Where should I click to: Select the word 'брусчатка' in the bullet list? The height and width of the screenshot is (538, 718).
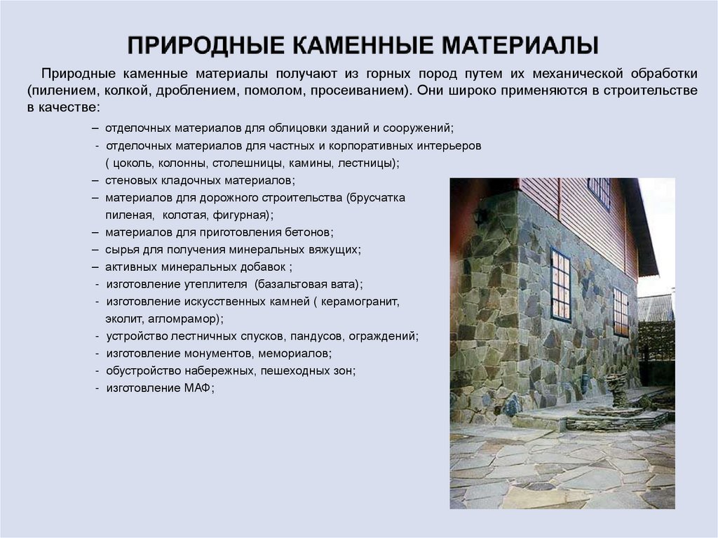click(376, 198)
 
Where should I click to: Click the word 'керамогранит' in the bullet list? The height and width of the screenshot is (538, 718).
click(360, 301)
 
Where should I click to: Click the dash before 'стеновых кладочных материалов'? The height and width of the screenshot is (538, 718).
click(95, 180)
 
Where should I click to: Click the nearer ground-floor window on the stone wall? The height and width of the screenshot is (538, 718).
click(560, 285)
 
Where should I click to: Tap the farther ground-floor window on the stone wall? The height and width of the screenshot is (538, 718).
click(621, 311)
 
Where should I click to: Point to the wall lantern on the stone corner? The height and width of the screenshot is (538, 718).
click(480, 217)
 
